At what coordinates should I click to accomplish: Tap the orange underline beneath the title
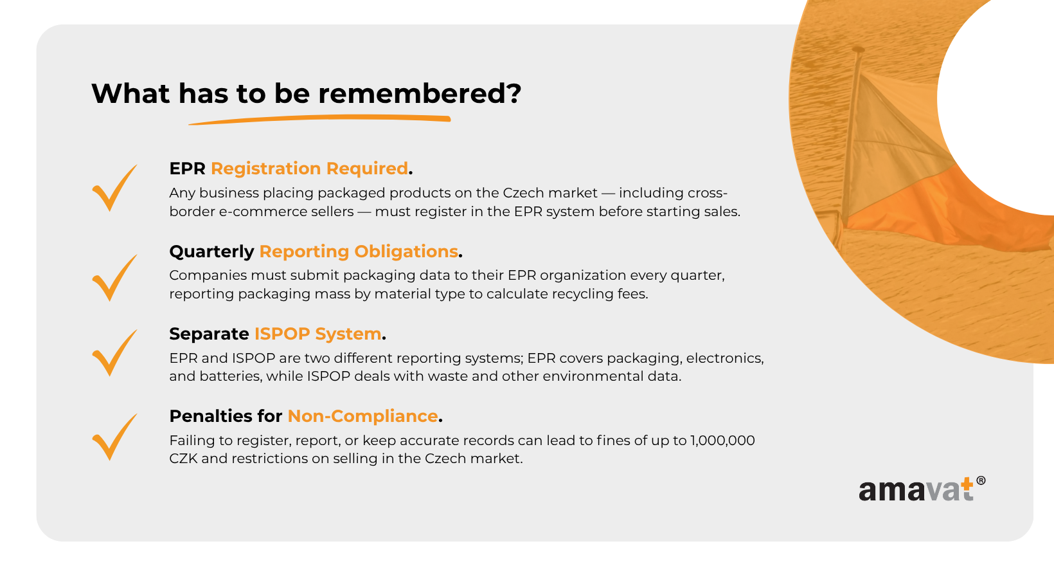tap(319, 120)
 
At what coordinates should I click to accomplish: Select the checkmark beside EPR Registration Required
tap(114, 188)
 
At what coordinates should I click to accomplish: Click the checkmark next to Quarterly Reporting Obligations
tap(114, 278)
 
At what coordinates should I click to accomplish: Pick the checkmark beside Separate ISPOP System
tap(114, 352)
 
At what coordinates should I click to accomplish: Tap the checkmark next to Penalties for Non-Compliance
tap(114, 437)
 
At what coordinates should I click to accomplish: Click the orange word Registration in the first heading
tap(266, 169)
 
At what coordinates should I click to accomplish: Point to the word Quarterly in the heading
tap(211, 251)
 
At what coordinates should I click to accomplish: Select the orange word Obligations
tap(406, 251)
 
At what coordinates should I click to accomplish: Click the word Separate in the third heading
tap(209, 334)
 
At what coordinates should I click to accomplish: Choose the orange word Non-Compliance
tap(362, 416)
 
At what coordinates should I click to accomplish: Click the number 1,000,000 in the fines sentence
tap(722, 441)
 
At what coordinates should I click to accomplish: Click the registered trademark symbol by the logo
tap(981, 480)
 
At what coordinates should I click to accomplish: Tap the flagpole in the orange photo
tap(851, 136)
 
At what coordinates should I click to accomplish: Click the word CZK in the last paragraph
tap(183, 459)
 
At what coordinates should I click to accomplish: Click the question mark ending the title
tap(515, 93)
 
